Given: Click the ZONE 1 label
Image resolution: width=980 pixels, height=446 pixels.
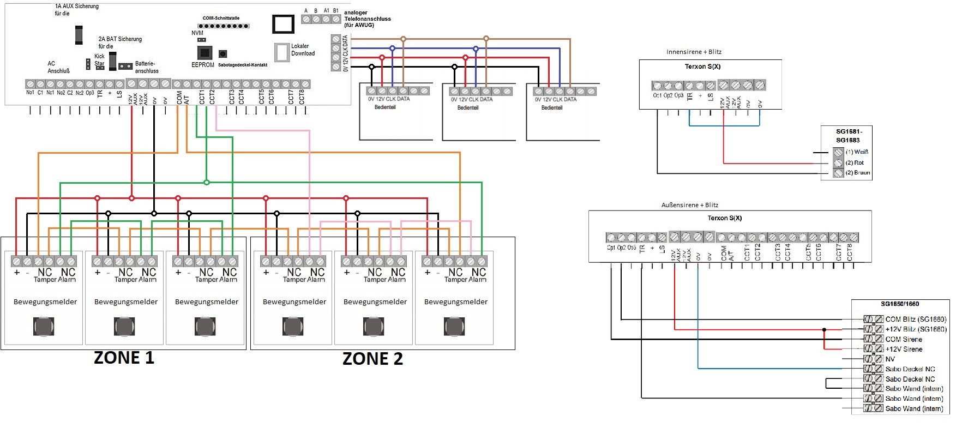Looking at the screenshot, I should coord(124,358).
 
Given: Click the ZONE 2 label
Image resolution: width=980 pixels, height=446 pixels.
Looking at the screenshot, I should coord(372,359).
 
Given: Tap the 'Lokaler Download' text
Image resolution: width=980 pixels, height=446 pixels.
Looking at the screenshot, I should coord(303,50).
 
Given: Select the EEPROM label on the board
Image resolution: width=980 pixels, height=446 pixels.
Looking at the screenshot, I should coord(202,65).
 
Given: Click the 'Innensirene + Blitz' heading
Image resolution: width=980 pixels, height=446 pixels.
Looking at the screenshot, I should coord(694,52).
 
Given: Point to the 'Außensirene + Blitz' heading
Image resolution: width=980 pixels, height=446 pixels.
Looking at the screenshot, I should coord(689,205).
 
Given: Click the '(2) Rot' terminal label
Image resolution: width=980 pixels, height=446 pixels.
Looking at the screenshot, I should coord(855,162).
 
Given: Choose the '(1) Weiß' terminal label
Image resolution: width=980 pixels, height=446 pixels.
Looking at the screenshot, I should coord(857,152).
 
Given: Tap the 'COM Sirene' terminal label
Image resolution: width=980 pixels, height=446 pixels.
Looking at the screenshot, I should coord(904,339).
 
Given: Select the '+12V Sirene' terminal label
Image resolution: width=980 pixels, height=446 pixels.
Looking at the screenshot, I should coord(904,349).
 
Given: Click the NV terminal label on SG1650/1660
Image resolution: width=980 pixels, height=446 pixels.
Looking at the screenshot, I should coord(890,359).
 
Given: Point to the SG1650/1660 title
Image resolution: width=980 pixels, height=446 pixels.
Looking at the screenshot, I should coord(900,304).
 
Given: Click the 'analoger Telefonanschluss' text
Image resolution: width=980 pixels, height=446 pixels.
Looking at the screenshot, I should coord(367,19).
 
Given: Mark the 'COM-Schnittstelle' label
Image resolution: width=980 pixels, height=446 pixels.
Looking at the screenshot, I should coord(221,18).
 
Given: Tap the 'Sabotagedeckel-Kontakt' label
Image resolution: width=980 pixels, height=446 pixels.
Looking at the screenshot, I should coord(243,65).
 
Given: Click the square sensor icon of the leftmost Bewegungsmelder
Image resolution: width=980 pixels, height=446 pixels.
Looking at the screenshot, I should coord(44,327).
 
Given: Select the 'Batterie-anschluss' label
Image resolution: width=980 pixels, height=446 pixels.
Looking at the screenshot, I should coord(146,67).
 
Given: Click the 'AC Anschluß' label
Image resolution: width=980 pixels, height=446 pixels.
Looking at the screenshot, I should coord(58,67).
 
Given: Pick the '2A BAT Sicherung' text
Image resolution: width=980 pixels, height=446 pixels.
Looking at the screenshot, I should coord(120,39).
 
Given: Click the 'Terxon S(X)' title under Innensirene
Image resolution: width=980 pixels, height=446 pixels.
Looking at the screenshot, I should coord(702,67).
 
